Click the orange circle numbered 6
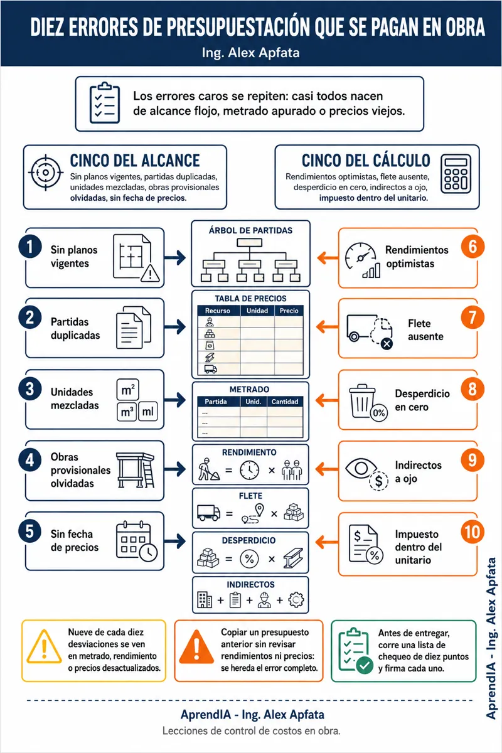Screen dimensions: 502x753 473,247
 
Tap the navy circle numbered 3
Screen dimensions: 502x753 30,389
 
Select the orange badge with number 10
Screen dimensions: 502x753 473,531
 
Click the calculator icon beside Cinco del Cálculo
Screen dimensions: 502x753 456,174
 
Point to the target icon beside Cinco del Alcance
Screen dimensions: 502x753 46,173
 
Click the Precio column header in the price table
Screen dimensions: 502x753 289,311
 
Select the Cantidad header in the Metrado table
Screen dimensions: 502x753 285,402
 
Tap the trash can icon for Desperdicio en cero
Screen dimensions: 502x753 363,401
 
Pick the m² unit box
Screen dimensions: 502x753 128,390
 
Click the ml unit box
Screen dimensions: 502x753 148,411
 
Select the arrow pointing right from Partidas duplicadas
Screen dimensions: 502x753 175,326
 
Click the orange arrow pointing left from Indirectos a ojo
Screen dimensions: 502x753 327,469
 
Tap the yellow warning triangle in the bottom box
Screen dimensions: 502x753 44,646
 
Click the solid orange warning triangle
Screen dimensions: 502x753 196,647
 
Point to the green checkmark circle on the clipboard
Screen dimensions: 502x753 365,665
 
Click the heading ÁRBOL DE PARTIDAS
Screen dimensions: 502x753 250,230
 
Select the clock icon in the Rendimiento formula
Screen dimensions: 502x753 250,469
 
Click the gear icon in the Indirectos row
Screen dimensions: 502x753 296,600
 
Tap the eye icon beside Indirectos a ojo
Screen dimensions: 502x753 361,468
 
